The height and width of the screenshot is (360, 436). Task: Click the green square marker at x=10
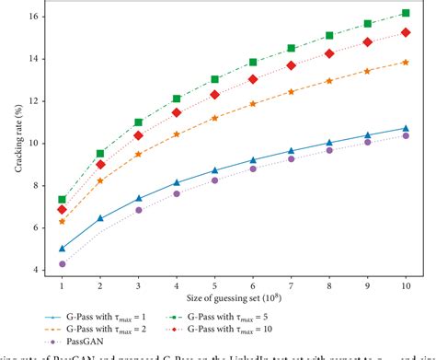(406, 14)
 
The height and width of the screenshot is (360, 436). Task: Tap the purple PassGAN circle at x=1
(63, 264)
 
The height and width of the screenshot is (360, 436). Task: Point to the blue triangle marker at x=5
(215, 170)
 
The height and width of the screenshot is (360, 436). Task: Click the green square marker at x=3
(139, 122)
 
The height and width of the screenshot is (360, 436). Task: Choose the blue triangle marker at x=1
(63, 249)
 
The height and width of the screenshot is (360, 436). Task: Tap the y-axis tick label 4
(35, 271)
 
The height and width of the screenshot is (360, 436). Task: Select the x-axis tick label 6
(253, 286)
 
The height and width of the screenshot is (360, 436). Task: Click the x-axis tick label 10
(406, 286)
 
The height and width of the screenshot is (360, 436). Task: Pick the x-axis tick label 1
(63, 286)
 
